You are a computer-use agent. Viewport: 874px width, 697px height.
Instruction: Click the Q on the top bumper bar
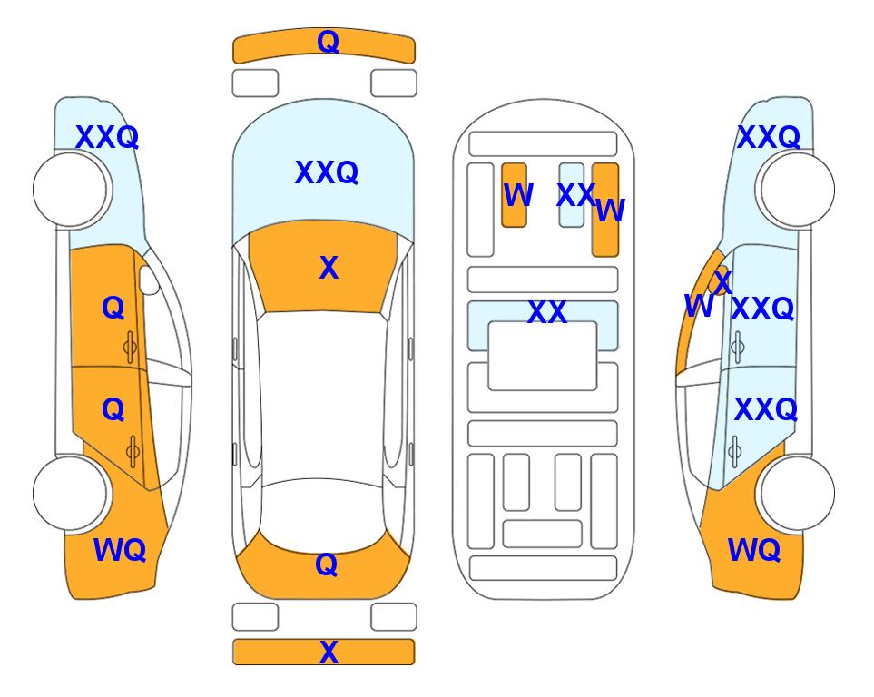328,42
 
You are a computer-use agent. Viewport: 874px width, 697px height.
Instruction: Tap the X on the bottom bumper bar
329,652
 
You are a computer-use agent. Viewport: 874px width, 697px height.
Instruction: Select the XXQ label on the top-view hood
327,172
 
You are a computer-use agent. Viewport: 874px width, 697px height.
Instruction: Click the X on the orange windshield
329,268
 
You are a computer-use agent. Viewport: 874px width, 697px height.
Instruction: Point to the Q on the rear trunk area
327,564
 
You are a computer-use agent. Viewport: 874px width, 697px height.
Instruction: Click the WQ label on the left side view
120,550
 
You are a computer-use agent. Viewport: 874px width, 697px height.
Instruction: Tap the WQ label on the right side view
754,550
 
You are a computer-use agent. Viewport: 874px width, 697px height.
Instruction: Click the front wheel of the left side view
70,190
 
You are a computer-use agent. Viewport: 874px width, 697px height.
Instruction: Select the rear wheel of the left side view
70,493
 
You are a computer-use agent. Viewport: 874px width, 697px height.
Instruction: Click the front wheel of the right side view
798,190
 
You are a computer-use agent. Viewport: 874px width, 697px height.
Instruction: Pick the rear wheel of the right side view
798,493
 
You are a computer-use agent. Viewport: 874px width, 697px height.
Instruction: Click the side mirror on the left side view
149,280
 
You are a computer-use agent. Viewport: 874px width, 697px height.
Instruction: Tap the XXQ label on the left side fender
107,137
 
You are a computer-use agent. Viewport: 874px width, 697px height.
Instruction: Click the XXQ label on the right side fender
769,137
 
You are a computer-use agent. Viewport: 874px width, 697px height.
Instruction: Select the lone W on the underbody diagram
518,195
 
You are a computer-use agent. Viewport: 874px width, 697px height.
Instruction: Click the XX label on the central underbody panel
546,312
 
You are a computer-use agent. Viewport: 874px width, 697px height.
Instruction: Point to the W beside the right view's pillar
699,306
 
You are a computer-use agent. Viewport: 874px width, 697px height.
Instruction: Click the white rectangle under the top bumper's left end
255,83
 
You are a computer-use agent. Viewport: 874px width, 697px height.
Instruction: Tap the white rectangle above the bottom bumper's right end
394,617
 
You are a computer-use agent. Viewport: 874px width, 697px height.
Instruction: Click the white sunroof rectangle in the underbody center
543,357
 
